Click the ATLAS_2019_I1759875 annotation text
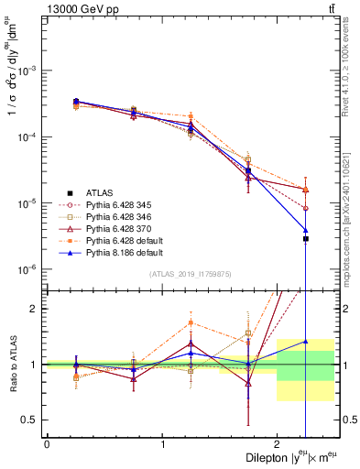[x=191, y=274]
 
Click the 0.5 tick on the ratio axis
[x=32, y=420]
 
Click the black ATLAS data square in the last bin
[x=306, y=238]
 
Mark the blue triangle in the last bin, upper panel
[x=306, y=230]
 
